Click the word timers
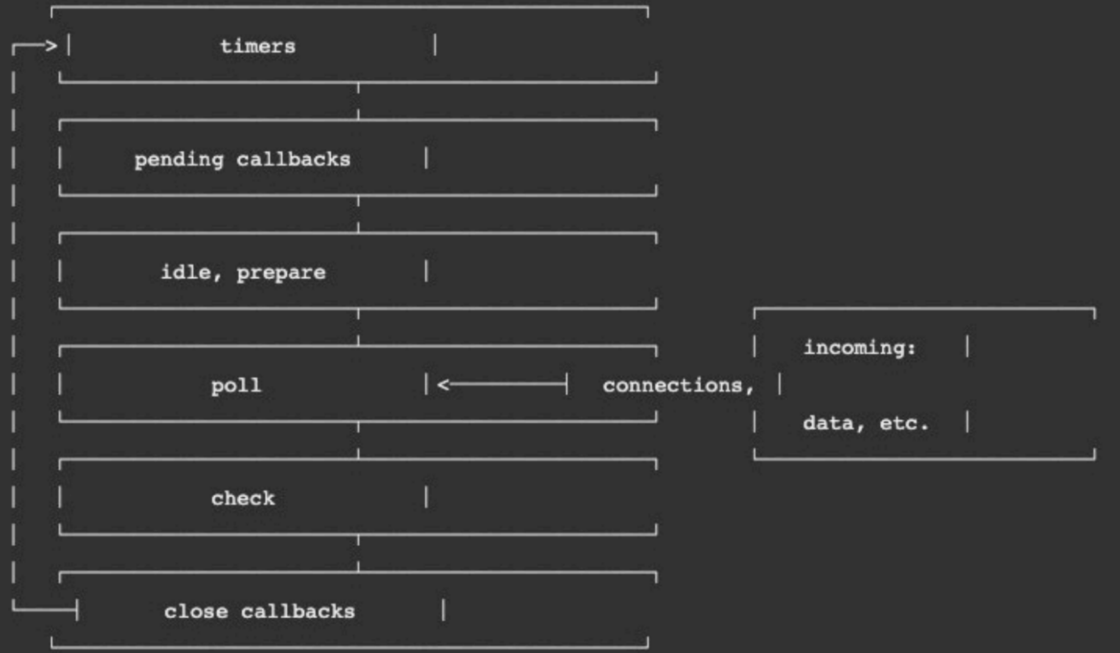pos(258,46)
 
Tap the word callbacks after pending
pos(293,159)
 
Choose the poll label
pos(236,386)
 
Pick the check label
pos(243,498)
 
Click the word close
pos(196,611)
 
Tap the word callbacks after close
pos(298,611)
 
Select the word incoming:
pos(859,348)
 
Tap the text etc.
pos(904,423)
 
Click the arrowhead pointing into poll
pos(444,384)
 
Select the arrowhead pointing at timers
pos(51,45)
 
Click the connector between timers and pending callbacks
pos(358,101)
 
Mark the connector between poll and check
pos(358,440)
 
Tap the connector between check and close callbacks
pos(358,553)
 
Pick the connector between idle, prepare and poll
pos(358,327)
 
